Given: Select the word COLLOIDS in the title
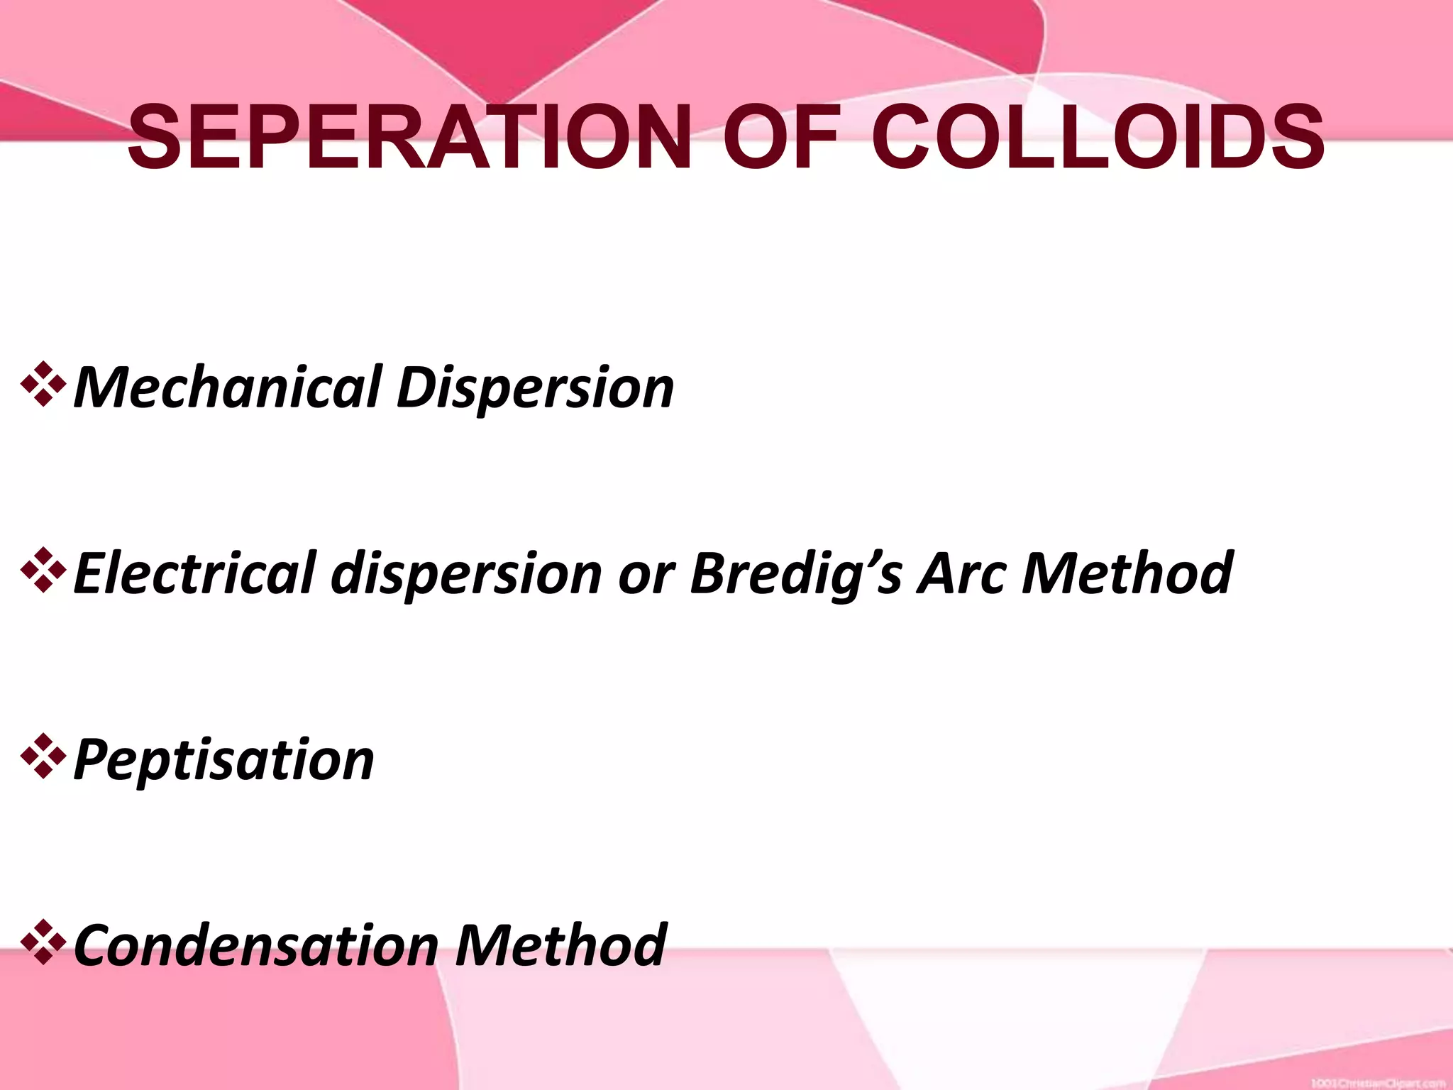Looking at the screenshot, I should tap(1097, 137).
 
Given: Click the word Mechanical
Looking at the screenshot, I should tap(227, 387).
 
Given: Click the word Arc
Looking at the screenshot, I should tap(962, 573).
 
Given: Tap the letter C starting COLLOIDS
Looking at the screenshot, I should tap(900, 137).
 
